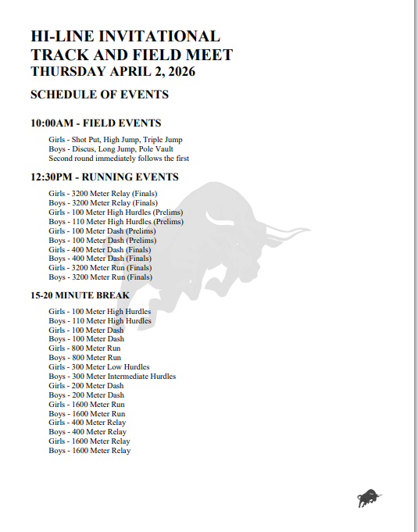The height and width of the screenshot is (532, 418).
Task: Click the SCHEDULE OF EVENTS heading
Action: tap(99, 95)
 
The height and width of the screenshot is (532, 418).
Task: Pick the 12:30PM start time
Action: tap(52, 177)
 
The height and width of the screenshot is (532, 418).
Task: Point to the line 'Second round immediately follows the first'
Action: tap(119, 159)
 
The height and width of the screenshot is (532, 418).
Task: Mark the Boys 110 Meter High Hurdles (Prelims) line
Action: tap(116, 222)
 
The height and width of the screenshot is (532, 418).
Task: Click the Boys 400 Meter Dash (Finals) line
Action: tap(100, 259)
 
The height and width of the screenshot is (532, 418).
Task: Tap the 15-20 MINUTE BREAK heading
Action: tap(80, 296)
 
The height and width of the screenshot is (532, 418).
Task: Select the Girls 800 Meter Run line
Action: tap(84, 348)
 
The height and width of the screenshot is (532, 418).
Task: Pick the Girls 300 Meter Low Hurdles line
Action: tap(99, 367)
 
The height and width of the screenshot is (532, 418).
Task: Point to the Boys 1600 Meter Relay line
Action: tap(90, 451)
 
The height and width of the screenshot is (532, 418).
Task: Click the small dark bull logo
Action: tap(370, 497)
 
